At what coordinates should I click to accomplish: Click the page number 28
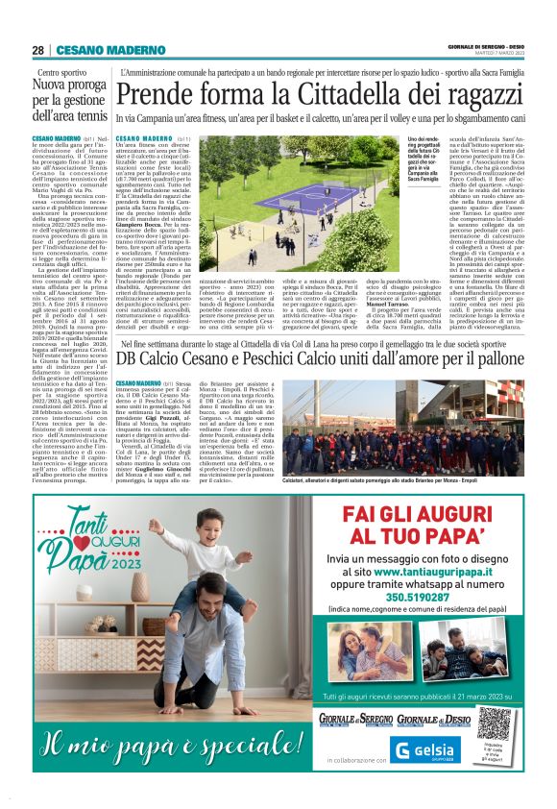tap(37, 50)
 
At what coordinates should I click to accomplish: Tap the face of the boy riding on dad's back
tap(175, 546)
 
